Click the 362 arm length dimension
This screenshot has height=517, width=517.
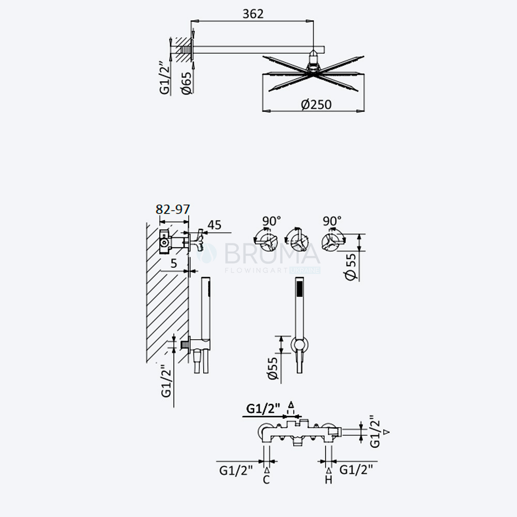pos(253,14)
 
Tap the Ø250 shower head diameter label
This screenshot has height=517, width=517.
pos(316,104)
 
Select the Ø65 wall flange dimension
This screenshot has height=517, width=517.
pos(187,83)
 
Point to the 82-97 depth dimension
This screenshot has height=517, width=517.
pos(173,209)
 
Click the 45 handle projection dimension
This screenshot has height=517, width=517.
pos(215,225)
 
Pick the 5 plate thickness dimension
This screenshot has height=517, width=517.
pos(174,263)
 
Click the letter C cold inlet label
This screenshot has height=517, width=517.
pos(266,480)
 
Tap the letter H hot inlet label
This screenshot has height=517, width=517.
pos(328,480)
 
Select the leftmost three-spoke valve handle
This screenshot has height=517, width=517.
pos(266,241)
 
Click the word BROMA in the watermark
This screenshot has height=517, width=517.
pos(272,253)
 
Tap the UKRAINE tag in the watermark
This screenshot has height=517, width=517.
pos(305,270)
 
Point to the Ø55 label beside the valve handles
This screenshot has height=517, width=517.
pos(351,266)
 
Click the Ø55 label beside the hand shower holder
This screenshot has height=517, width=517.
pos(273,368)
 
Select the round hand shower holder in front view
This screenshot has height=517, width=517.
pos(299,345)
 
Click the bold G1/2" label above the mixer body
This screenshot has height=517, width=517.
pos(264,408)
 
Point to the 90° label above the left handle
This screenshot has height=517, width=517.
pos(271,221)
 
